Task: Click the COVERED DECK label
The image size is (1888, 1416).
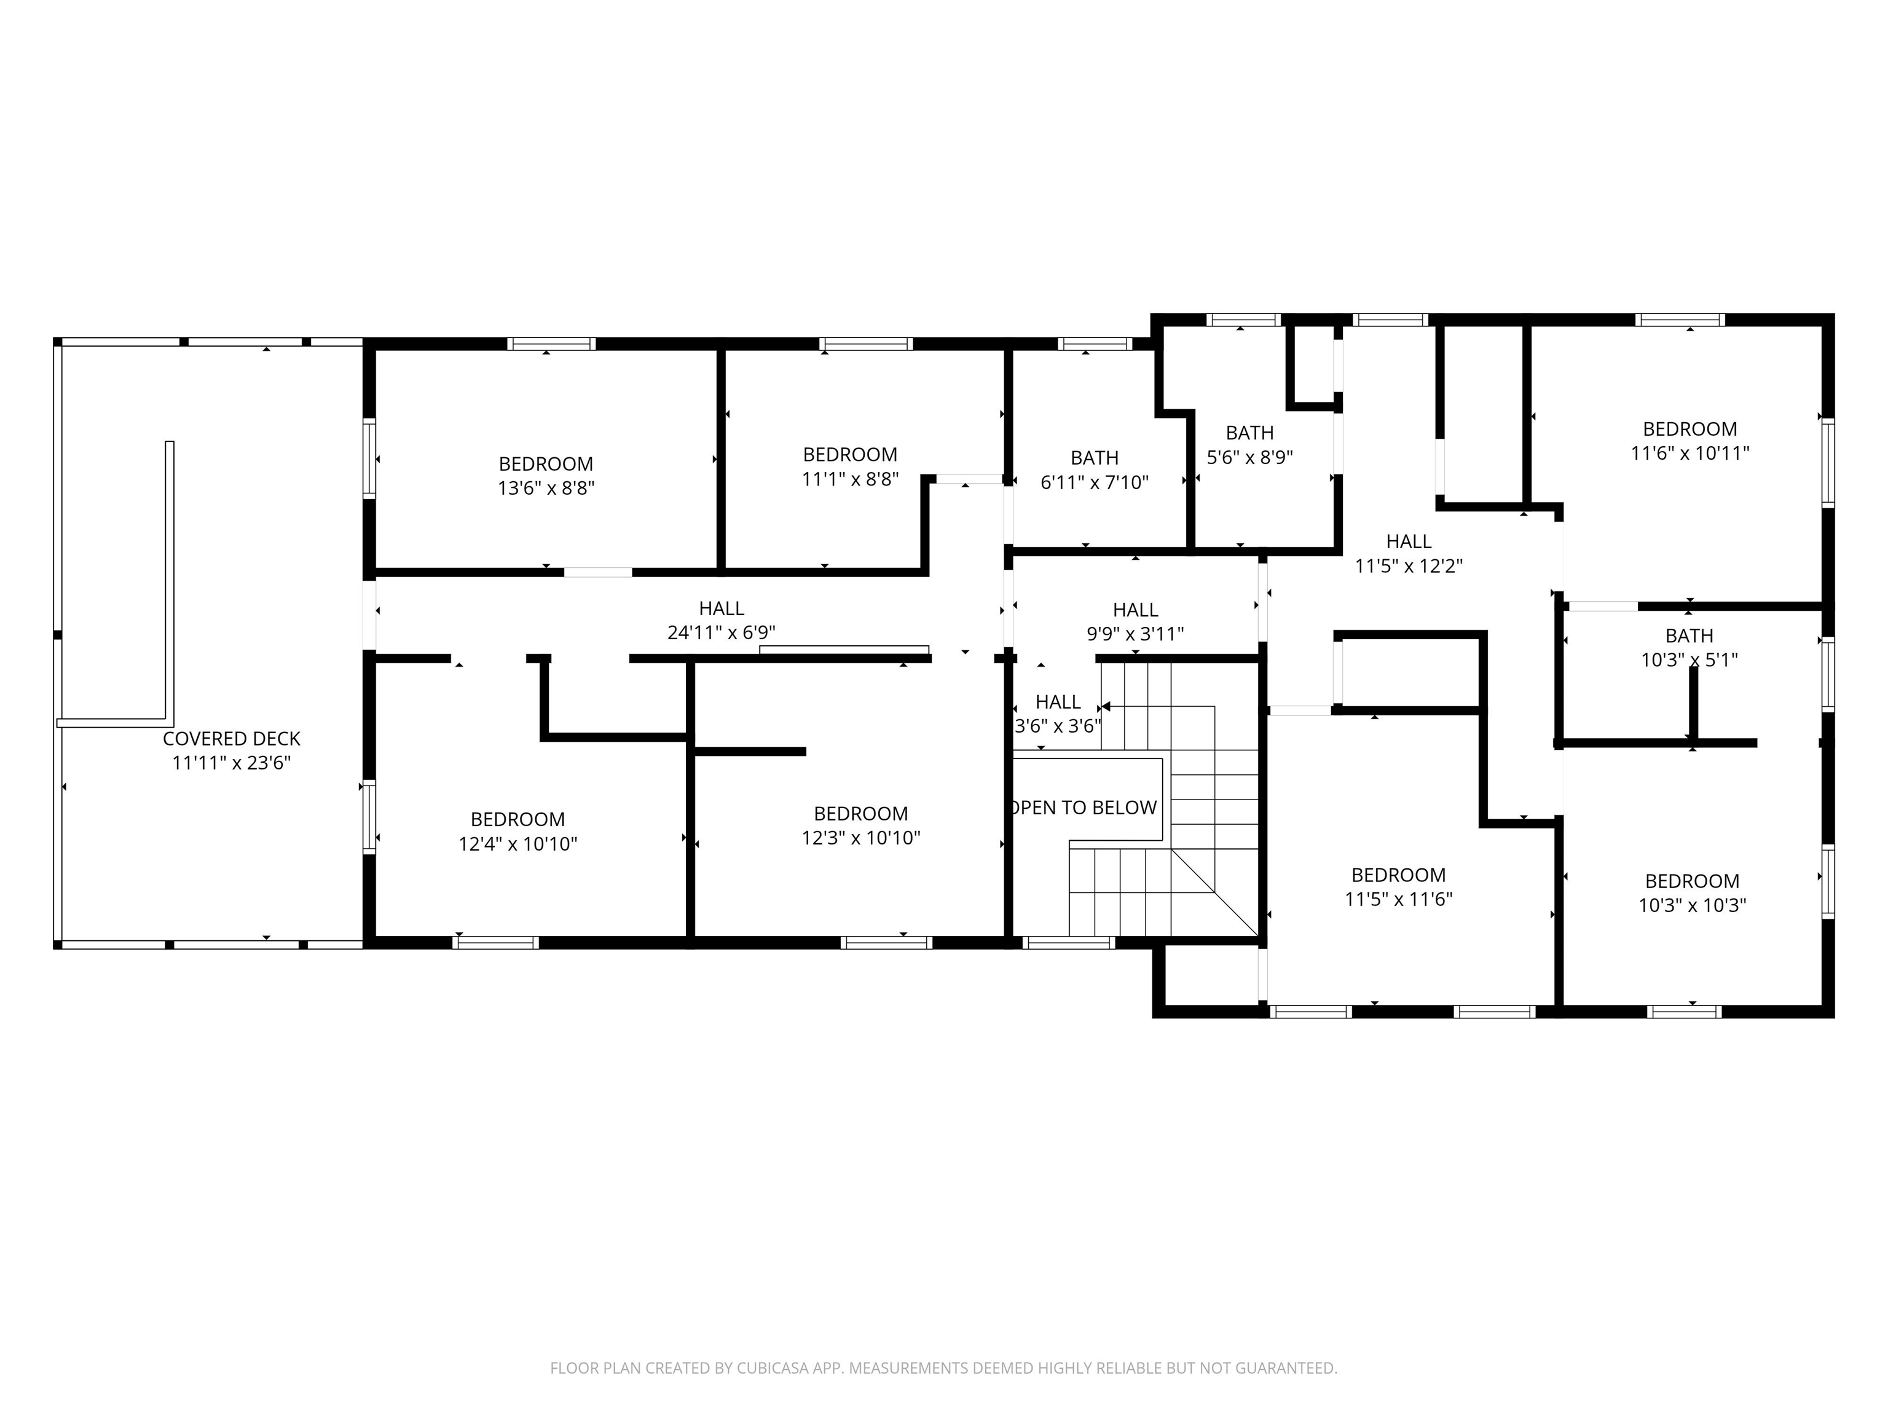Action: (x=231, y=738)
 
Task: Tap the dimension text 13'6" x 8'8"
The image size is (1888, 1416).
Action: (x=546, y=488)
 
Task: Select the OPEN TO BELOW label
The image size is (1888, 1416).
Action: (x=1084, y=808)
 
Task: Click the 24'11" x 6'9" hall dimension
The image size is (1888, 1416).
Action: (x=722, y=633)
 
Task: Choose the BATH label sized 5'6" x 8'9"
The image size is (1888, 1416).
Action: (x=1249, y=433)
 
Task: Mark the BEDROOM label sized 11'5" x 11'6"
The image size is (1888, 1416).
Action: (x=1398, y=875)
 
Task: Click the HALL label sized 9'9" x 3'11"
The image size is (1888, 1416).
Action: (x=1135, y=610)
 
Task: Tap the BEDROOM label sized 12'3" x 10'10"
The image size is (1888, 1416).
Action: (x=860, y=814)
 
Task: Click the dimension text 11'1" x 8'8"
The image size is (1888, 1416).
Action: (x=850, y=479)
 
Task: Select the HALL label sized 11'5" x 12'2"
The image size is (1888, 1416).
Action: (x=1409, y=541)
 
